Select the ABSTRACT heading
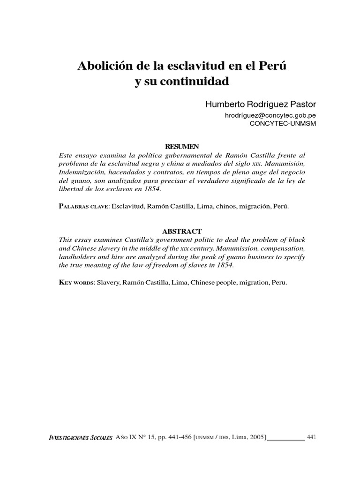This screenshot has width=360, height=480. [x=182, y=232]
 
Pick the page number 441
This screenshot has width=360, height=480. [x=312, y=437]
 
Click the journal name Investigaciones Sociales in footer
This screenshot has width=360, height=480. [x=80, y=437]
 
